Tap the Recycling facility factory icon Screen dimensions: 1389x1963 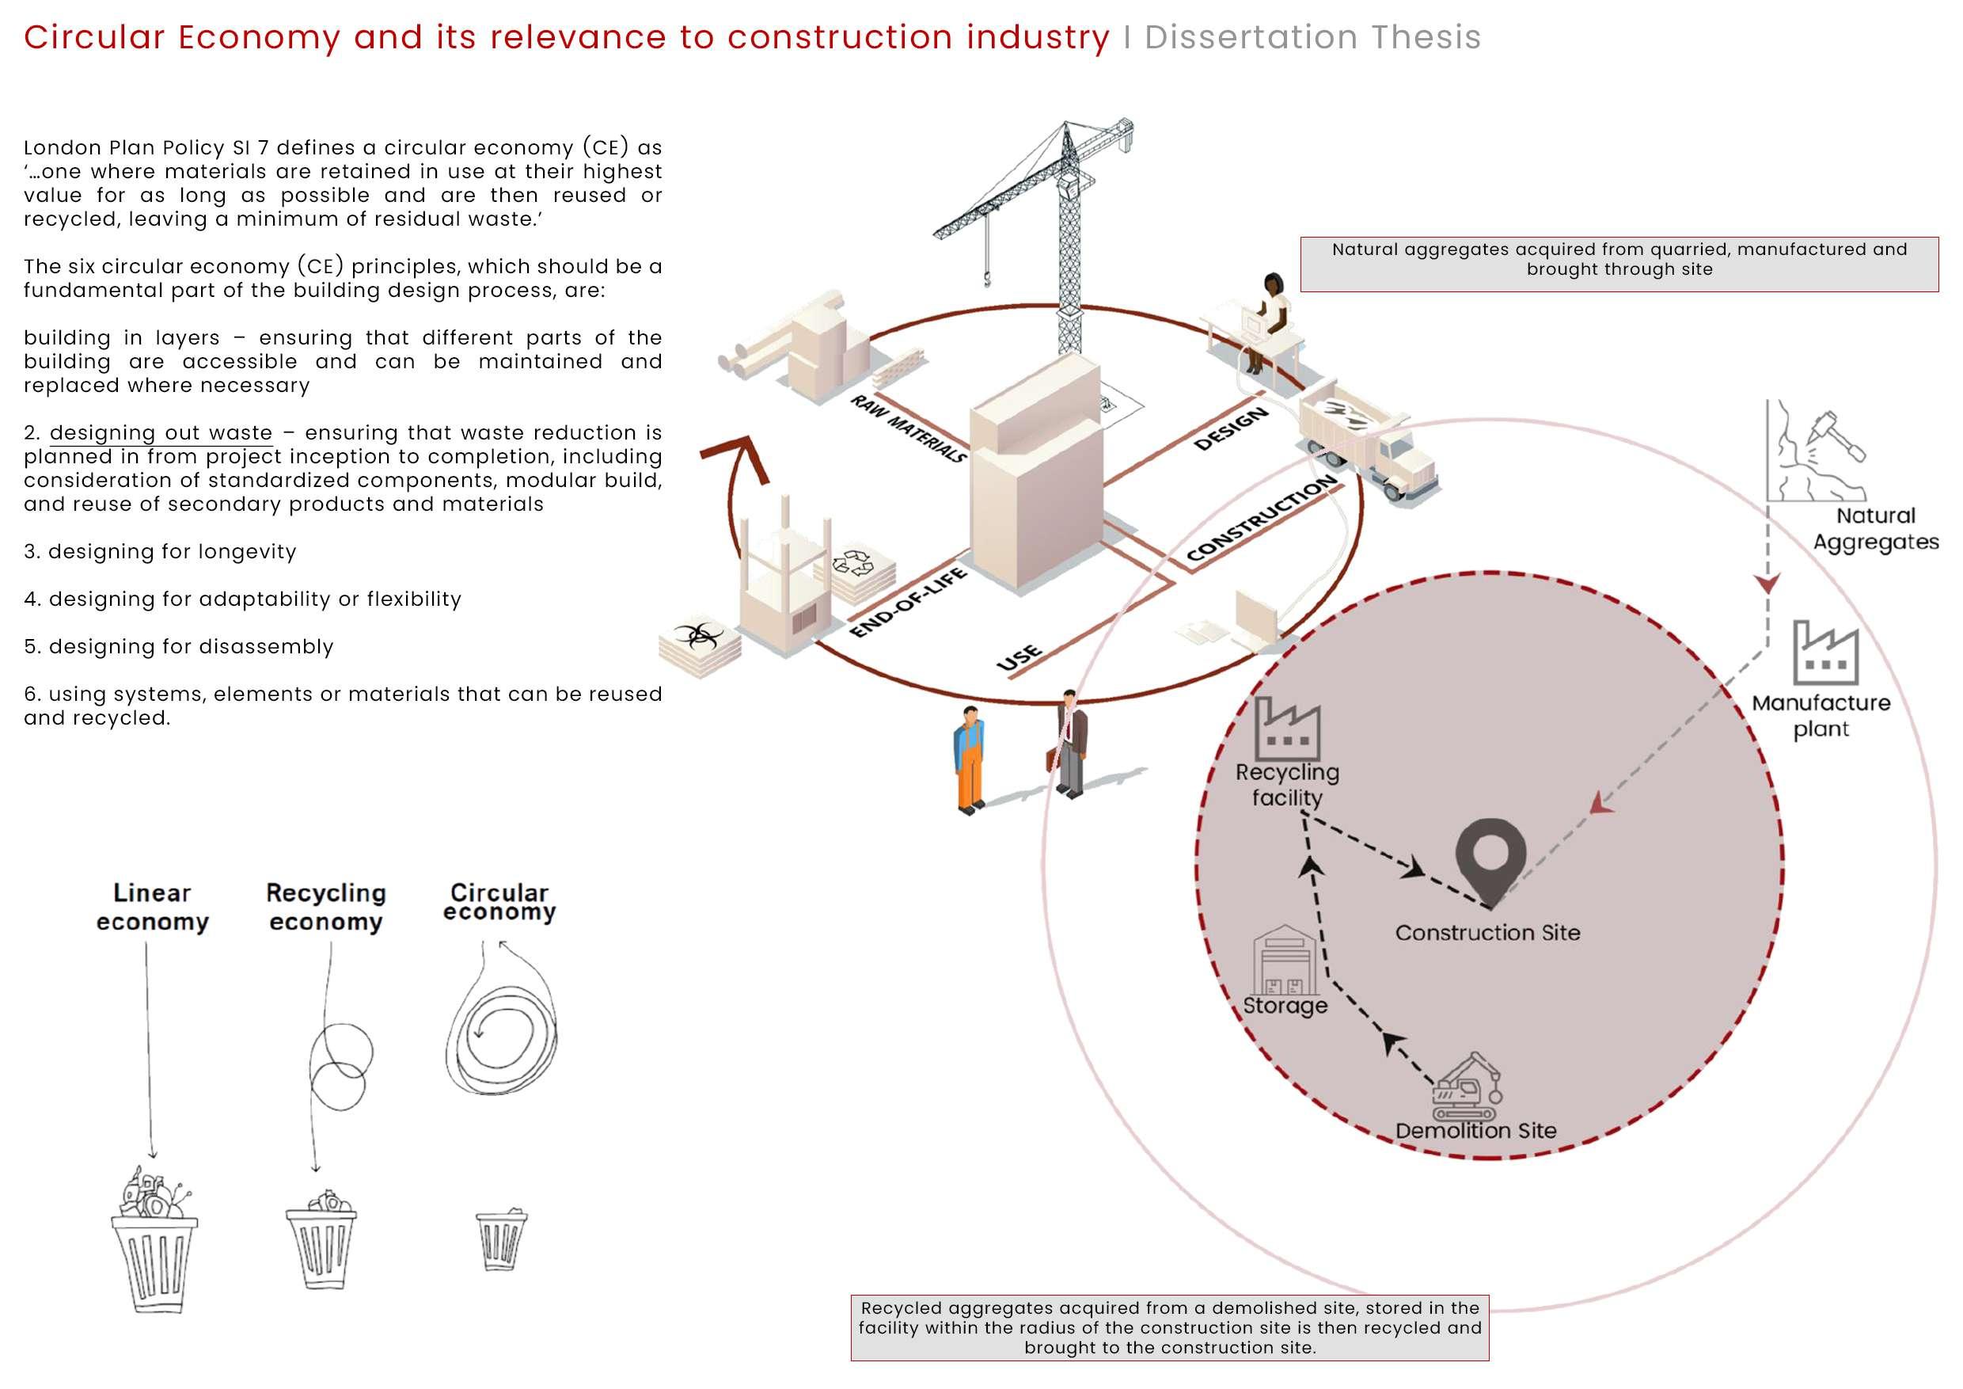tap(1287, 728)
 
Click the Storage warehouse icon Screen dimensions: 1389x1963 tap(1284, 960)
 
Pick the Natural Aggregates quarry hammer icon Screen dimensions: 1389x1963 tap(1817, 453)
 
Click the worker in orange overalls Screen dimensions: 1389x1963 tap(970, 758)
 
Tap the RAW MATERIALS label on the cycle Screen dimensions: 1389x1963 tap(908, 428)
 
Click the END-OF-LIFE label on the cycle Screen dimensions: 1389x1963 tap(907, 602)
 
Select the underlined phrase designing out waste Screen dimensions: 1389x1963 tap(161, 433)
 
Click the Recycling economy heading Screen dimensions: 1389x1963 tap(326, 907)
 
